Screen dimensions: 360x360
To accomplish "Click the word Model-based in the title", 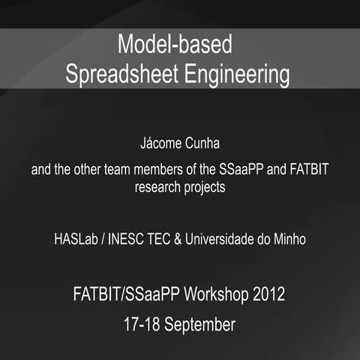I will pos(174,45).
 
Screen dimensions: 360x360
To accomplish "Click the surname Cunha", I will pos(200,142).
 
